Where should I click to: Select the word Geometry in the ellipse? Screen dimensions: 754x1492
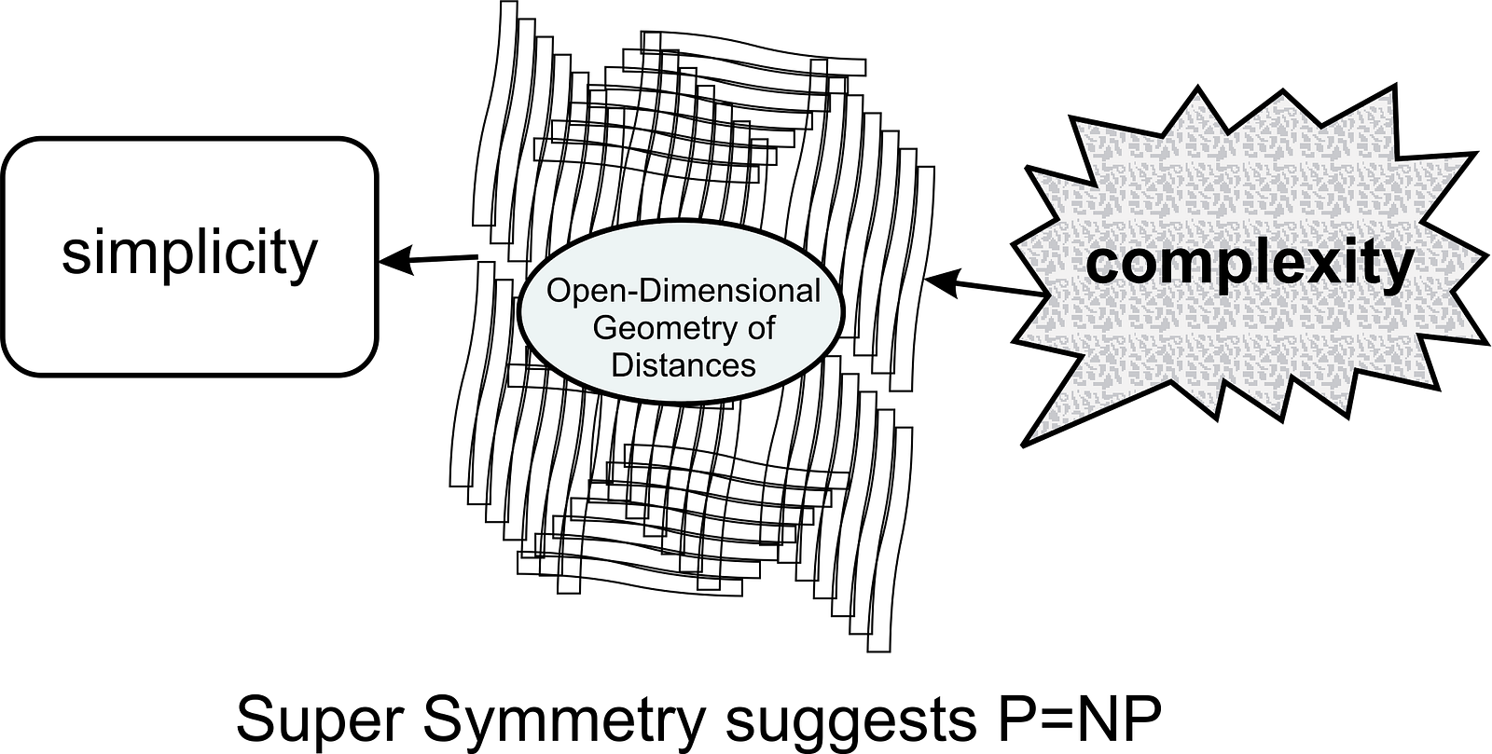pos(658,328)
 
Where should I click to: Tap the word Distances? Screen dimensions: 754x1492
pos(683,364)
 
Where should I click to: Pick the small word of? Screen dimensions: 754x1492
pos(761,328)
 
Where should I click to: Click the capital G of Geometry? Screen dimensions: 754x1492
pos(604,328)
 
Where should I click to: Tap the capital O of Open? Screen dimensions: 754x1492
pos(559,291)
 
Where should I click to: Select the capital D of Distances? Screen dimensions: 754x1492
pos(622,364)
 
